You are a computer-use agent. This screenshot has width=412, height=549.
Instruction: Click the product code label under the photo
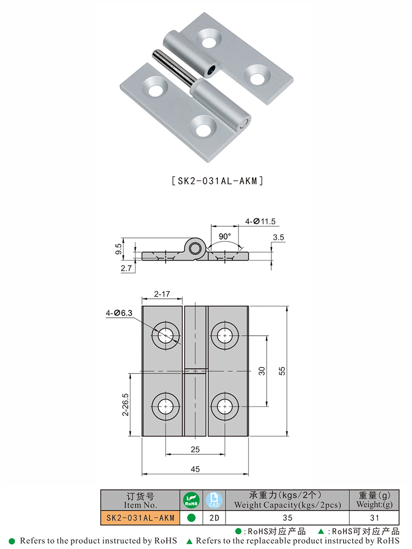(217, 181)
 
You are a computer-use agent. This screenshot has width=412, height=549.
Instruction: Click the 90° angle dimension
(225, 236)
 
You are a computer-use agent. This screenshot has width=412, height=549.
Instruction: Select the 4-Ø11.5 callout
(261, 221)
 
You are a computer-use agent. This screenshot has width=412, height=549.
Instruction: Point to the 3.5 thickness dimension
(279, 237)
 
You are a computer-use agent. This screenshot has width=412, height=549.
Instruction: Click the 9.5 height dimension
(119, 249)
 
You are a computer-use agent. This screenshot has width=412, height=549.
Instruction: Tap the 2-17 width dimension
(162, 294)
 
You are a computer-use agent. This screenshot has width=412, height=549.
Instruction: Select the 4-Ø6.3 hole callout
(119, 313)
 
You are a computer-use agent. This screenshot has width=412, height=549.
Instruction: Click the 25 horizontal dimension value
(195, 450)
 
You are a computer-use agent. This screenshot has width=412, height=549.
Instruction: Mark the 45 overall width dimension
(195, 469)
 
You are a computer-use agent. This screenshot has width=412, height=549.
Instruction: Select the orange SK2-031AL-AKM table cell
(140, 518)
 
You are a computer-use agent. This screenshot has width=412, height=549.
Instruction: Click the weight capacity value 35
(287, 518)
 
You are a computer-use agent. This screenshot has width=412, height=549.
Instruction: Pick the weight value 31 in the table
(374, 518)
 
